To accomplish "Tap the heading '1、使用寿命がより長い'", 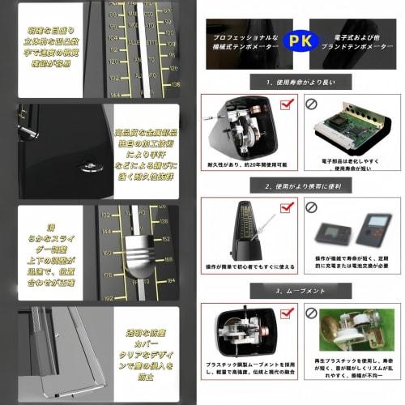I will tap(303, 82).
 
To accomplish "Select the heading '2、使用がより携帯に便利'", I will tap(303, 186).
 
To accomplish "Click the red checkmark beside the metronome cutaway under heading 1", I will tap(286, 104).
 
